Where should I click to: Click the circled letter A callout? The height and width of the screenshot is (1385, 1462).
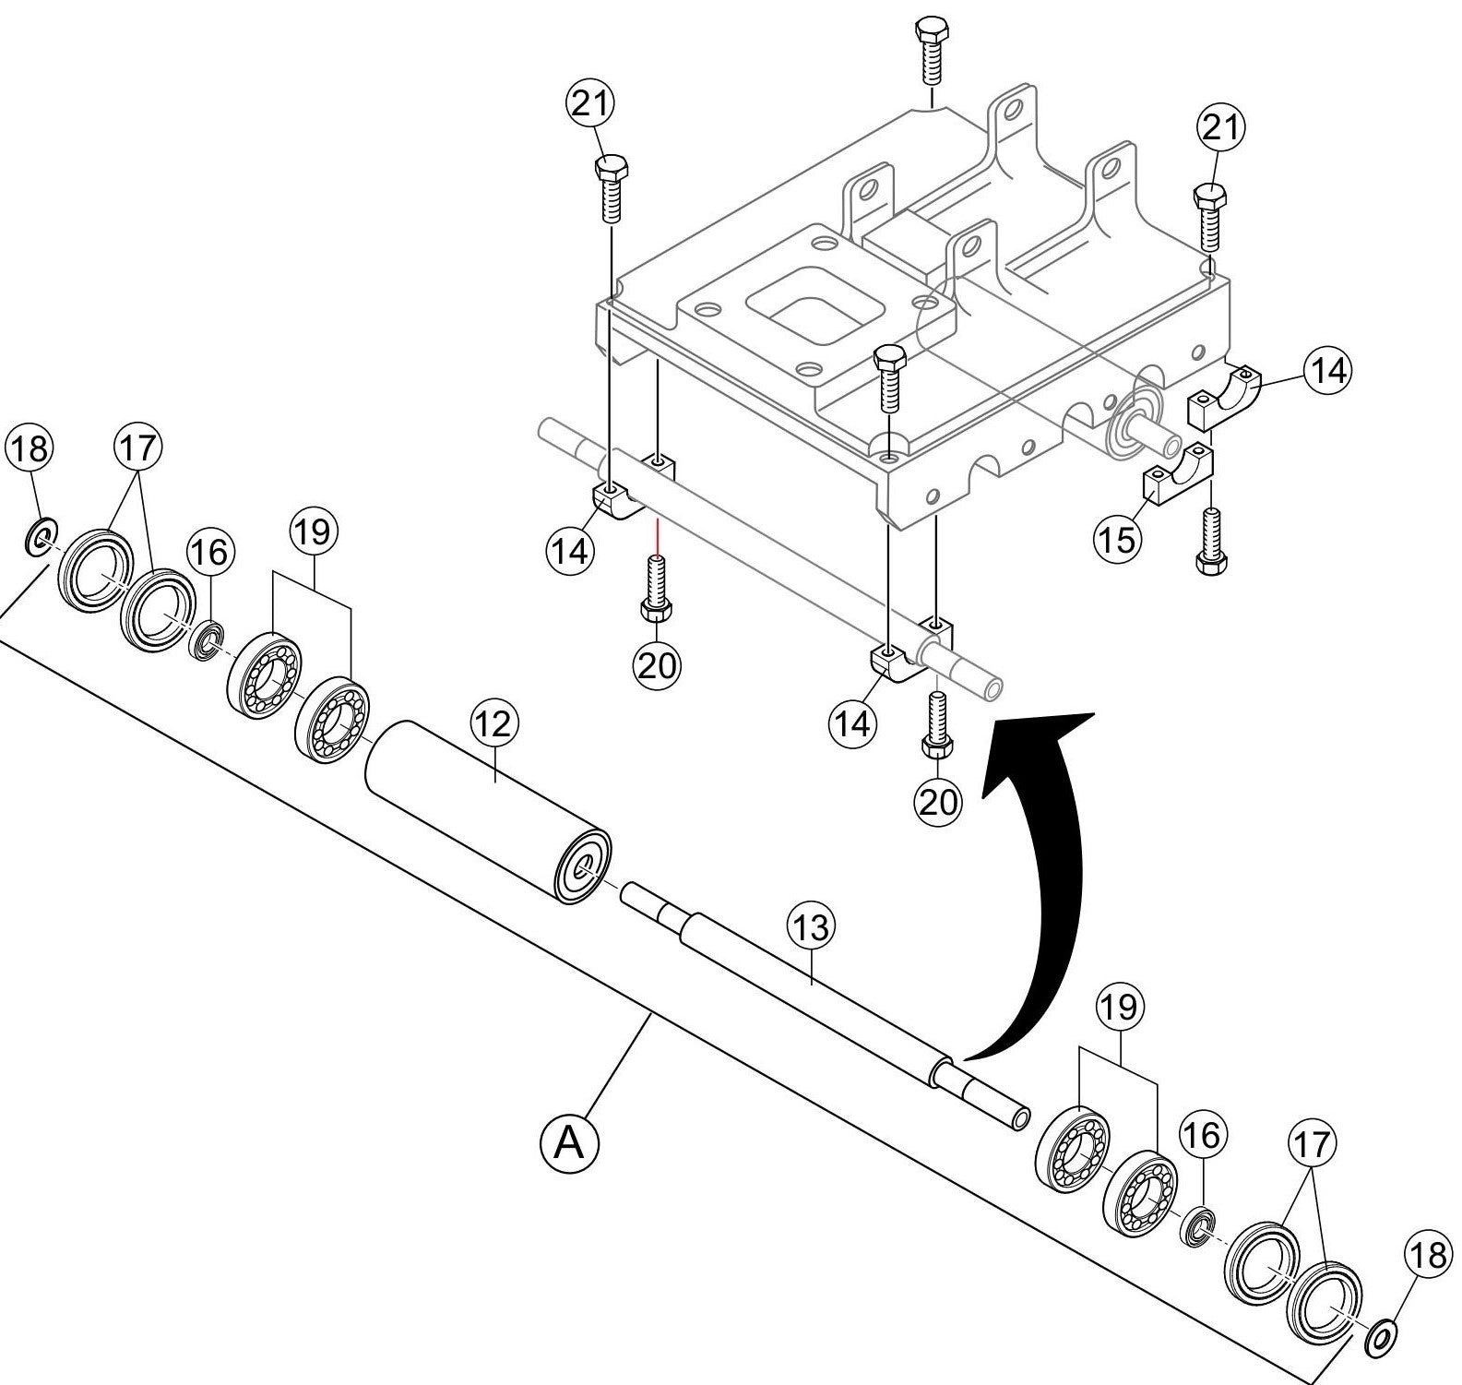[569, 1144]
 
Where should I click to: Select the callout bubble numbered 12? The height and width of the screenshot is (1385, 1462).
[495, 724]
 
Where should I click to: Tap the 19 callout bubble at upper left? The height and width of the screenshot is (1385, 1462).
[314, 532]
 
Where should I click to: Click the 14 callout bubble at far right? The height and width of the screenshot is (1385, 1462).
[1326, 371]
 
